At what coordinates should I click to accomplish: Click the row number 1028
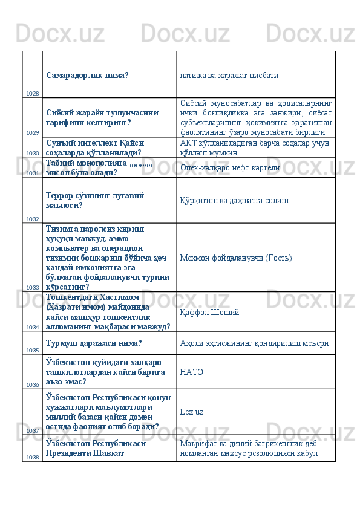click(33, 94)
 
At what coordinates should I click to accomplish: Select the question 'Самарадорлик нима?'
click(87, 76)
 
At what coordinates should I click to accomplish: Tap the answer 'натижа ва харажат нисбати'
click(229, 77)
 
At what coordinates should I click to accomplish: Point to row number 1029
click(33, 132)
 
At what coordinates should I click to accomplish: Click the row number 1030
click(33, 154)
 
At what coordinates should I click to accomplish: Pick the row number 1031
click(33, 173)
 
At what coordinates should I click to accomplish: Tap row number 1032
click(33, 219)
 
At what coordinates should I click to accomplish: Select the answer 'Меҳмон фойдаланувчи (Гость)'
click(236, 258)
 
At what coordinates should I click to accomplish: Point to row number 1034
click(33, 326)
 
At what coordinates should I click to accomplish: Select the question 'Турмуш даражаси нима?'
click(94, 343)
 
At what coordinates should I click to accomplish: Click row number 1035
click(33, 350)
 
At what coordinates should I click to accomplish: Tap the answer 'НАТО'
click(191, 372)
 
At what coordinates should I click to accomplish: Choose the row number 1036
click(33, 384)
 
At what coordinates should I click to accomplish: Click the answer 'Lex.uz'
click(192, 412)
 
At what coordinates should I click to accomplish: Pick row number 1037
click(33, 431)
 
